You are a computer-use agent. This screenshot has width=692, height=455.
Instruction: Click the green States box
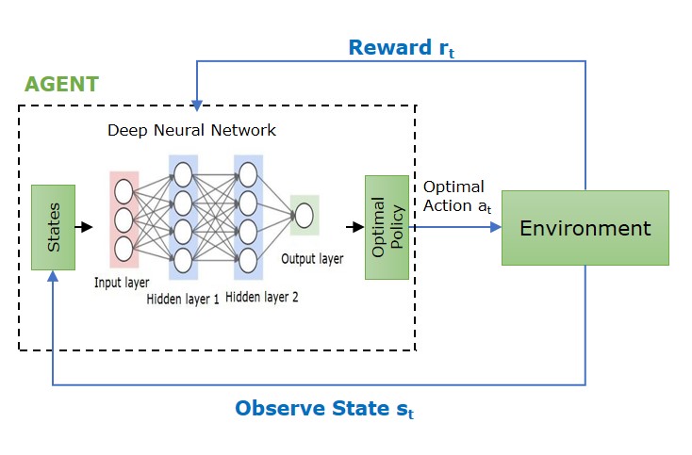53,227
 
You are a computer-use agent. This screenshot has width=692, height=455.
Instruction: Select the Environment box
585,228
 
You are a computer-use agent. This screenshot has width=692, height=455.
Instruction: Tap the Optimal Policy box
387,227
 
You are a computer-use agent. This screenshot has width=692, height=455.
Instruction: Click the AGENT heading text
62,84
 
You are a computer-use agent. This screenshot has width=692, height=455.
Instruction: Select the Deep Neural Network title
192,129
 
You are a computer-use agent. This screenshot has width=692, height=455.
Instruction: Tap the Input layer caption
124,282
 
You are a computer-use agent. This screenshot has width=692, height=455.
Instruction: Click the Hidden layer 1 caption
183,299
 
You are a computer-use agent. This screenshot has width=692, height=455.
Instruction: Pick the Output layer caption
312,258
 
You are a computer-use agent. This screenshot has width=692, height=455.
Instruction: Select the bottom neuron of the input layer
124,249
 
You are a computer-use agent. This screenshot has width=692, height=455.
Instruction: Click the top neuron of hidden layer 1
183,173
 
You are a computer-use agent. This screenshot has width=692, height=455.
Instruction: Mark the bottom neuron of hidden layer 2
248,258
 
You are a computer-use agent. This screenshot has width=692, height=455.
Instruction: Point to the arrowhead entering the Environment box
494,227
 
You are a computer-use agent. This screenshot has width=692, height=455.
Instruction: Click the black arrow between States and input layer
85,227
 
